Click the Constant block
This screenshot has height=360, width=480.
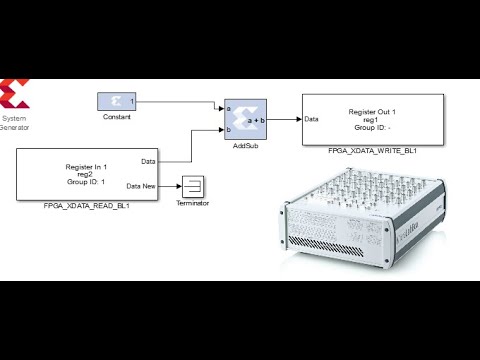point(118,101)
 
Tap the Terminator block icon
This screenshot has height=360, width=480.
point(192,185)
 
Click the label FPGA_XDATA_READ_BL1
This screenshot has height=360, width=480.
point(87,206)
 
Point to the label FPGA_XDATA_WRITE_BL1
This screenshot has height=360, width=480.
point(372,150)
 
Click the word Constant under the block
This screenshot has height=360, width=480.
point(117,118)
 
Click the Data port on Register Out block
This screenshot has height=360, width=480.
point(312,118)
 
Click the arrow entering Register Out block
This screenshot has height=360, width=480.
point(296,118)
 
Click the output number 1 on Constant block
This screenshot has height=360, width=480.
point(133,101)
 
